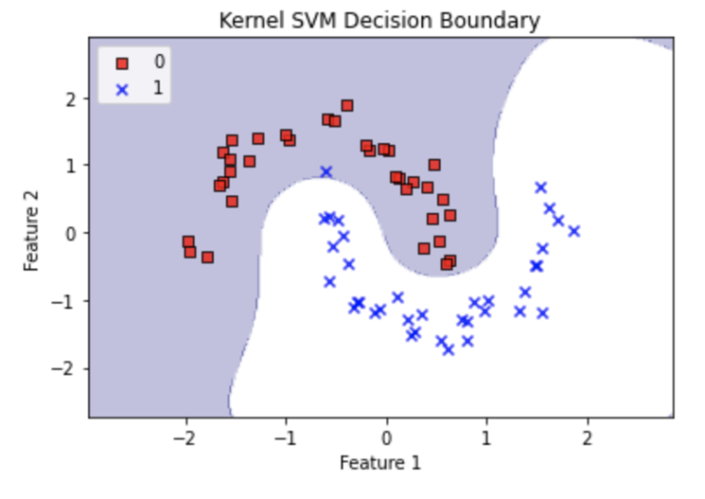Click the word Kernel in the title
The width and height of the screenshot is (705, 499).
click(245, 19)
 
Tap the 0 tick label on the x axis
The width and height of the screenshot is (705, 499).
click(386, 434)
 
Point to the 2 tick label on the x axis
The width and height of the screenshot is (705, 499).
click(587, 434)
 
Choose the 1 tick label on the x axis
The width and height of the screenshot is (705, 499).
click(487, 434)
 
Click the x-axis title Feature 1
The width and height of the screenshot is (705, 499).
click(380, 462)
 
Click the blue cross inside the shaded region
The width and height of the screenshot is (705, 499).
click(326, 172)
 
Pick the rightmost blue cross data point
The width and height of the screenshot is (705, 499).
click(574, 231)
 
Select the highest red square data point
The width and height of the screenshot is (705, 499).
click(347, 105)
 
